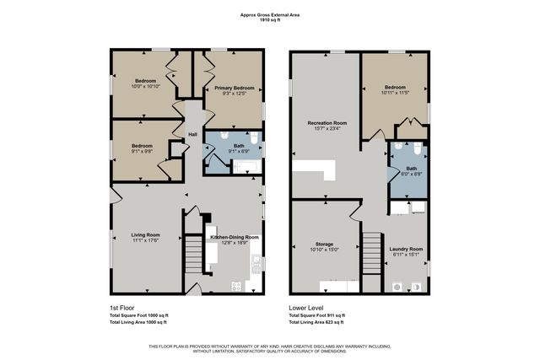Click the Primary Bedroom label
tap(234, 88)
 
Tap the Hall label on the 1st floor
tap(192, 135)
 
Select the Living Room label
tap(148, 235)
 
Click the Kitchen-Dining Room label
tap(228, 238)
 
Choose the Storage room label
tap(324, 244)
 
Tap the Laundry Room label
tap(405, 248)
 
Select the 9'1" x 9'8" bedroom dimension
tap(141, 152)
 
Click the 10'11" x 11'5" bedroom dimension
tap(394, 93)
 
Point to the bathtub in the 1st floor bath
tap(244, 167)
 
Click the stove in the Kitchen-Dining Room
tap(236, 286)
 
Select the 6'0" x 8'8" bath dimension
tap(410, 173)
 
